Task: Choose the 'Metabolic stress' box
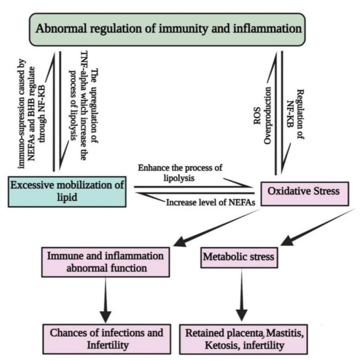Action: click(x=248, y=255)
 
